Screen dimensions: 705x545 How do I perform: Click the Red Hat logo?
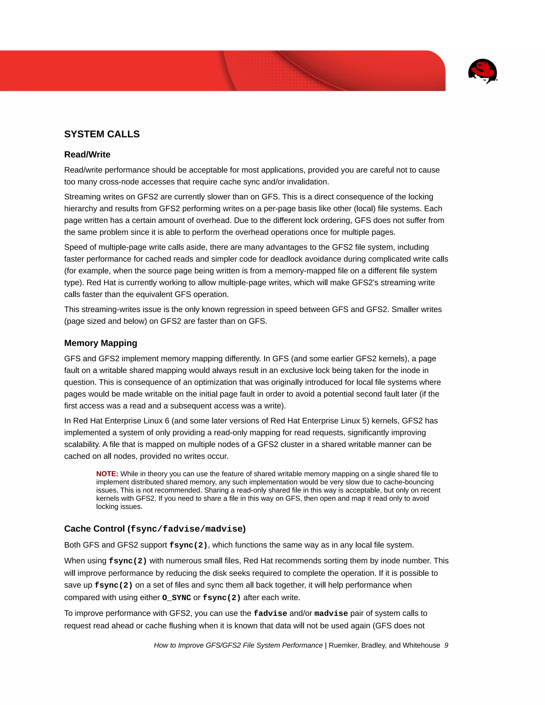pos(482,71)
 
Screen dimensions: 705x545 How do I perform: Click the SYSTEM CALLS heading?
pos(102,134)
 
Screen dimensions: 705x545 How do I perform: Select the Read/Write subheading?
pos(87,155)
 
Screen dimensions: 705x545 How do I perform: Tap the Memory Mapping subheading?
pos(100,343)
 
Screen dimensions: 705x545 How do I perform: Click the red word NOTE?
pos(107,474)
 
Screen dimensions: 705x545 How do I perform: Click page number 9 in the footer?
pos(446,645)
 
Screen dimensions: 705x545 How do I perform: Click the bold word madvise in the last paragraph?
pos(331,613)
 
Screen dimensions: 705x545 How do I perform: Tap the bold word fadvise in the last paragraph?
pos(270,613)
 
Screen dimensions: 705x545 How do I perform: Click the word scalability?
pos(82,445)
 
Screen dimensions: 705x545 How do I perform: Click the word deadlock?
pos(285,259)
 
